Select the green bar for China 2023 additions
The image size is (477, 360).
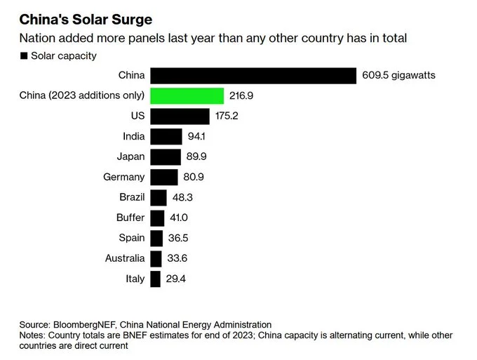(187, 95)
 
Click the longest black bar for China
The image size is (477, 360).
(253, 75)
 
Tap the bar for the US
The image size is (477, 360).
(180, 116)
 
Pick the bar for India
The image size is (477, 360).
(166, 136)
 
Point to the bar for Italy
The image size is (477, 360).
(155, 279)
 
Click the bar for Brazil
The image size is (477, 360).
(159, 197)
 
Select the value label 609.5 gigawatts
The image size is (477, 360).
(399, 75)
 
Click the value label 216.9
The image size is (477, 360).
(241, 95)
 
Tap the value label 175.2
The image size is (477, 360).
(227, 116)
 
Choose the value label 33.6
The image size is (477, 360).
(178, 258)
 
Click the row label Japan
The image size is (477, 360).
(130, 156)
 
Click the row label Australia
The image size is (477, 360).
(125, 258)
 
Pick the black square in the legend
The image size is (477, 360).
(24, 55)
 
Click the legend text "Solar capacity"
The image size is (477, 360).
(64, 55)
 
